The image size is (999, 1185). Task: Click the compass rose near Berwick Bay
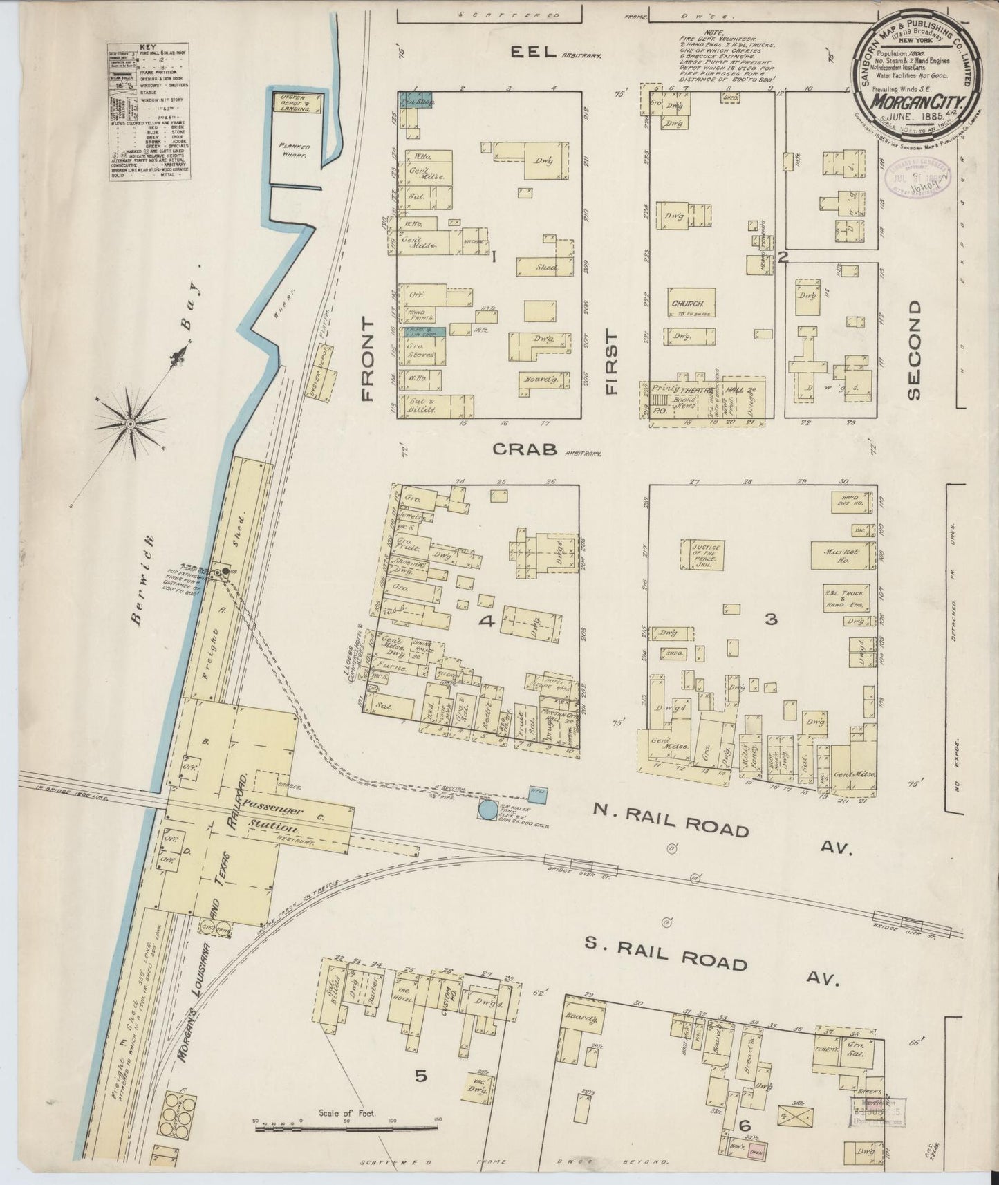tap(129, 422)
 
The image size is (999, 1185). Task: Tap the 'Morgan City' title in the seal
tap(917, 102)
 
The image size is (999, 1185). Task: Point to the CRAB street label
tap(525, 449)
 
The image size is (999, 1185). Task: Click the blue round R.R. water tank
tap(488, 809)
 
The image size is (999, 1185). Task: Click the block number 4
tap(487, 623)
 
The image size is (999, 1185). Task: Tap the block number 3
tap(771, 619)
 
